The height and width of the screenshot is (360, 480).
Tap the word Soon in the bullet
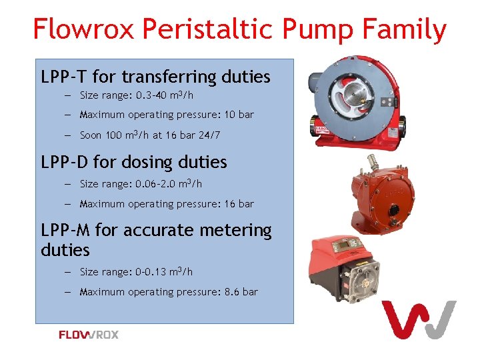click(91, 135)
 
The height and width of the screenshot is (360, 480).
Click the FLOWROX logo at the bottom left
click(89, 335)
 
